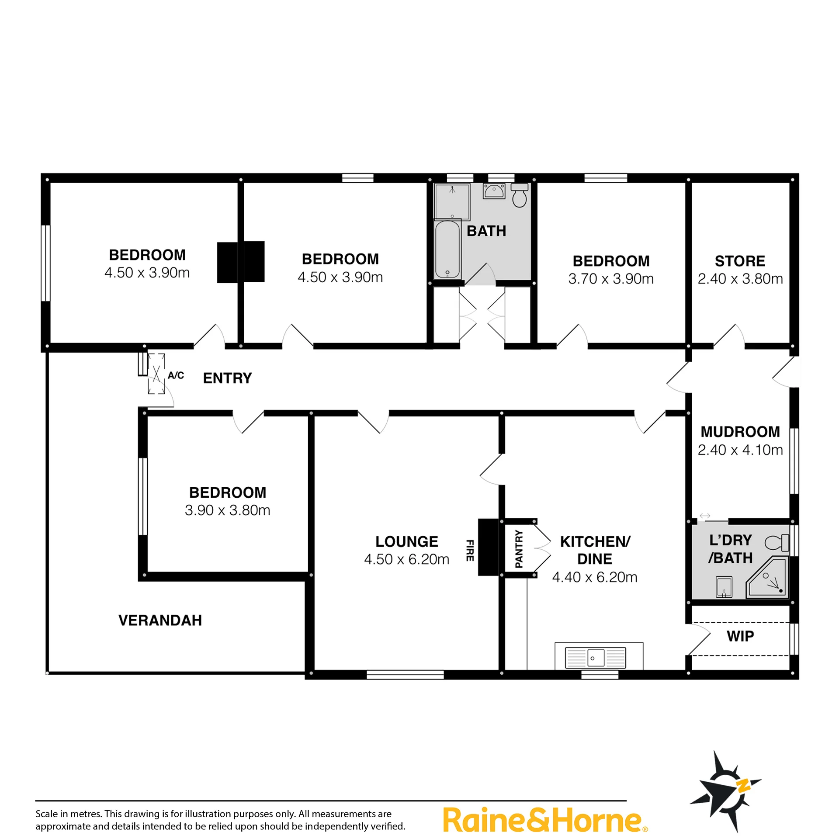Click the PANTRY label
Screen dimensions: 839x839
(519, 549)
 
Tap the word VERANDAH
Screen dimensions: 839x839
(160, 621)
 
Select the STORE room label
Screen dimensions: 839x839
(740, 261)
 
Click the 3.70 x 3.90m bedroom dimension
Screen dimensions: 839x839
(611, 279)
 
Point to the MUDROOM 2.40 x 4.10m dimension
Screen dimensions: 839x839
(740, 450)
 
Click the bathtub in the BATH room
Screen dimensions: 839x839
(447, 250)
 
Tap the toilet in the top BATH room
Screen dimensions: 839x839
(519, 195)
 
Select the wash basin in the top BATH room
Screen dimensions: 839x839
(494, 191)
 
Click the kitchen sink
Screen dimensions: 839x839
(596, 658)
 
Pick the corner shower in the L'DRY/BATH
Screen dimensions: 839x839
(767, 577)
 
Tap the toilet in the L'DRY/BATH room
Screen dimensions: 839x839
(777, 543)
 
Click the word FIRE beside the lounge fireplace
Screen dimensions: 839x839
(470, 550)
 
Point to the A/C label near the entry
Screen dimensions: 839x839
(176, 375)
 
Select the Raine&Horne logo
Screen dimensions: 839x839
(545, 820)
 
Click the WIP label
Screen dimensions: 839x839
(740, 636)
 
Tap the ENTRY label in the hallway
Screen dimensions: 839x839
(227, 378)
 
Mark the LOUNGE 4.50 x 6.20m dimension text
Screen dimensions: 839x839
(406, 559)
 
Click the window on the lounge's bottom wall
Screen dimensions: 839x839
(405, 675)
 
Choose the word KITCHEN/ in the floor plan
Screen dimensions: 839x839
(595, 542)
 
